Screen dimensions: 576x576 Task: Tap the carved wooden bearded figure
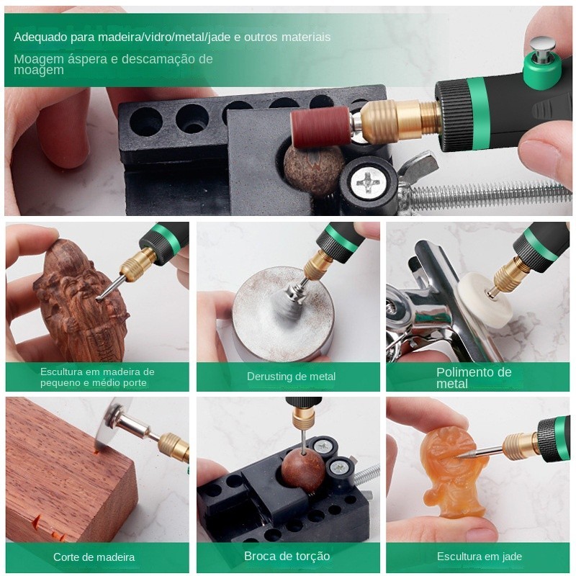point(81,301)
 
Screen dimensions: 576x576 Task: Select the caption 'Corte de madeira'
point(94,557)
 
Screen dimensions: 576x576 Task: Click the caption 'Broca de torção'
point(287,556)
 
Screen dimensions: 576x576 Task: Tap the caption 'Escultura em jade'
point(480,556)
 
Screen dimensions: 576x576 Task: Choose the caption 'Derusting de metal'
point(291,376)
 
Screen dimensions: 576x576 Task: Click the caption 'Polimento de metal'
point(474,378)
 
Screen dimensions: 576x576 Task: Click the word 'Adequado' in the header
point(40,37)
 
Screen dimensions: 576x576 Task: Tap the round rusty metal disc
point(283,308)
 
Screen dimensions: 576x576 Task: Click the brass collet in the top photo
point(397,120)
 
